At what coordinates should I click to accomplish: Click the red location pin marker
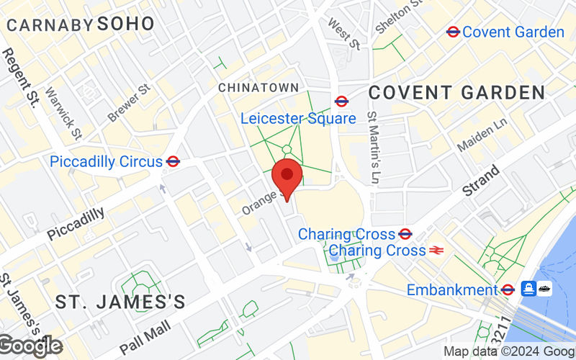point(287,176)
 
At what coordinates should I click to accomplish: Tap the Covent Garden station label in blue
point(513,32)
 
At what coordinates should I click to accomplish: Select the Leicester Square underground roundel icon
point(342,102)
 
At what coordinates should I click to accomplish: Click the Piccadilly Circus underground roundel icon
point(172,161)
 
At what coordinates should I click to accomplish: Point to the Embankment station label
point(452,290)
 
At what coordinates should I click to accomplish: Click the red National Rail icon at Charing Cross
point(436,251)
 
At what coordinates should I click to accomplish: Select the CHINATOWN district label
point(258,87)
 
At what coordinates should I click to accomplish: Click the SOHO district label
point(126,23)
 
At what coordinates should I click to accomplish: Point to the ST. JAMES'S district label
point(120,300)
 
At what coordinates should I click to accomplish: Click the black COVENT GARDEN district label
point(456,92)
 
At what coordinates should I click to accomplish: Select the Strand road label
point(481,181)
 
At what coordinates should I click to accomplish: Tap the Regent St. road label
point(19,79)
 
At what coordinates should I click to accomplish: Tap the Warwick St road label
point(64,113)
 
